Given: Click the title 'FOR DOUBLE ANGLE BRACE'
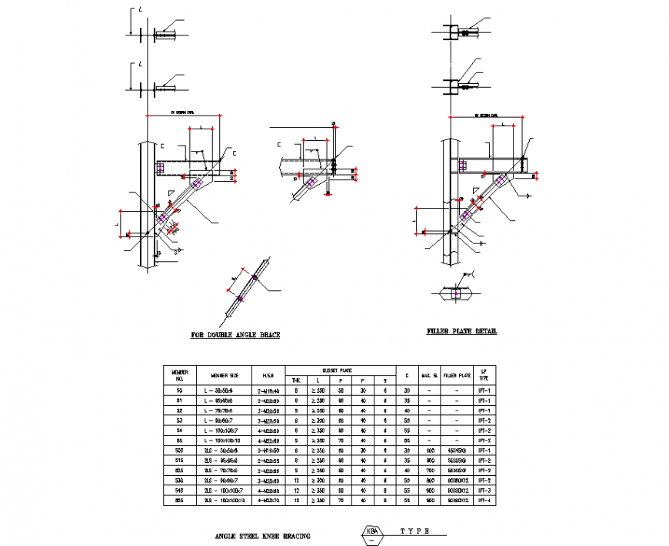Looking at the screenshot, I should (235, 335).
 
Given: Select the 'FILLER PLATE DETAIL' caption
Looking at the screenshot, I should (461, 331).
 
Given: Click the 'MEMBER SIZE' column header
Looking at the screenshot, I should (224, 375).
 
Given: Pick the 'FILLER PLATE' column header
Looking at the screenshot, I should (457, 375).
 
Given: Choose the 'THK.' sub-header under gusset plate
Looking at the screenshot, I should (296, 380).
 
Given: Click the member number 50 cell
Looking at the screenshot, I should (180, 390).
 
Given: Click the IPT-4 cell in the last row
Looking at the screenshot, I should (484, 501).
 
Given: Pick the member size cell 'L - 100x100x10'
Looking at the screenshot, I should (224, 440).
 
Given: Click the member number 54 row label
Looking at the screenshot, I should (180, 430).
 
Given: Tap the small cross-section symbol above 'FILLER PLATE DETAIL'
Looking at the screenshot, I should (456, 293).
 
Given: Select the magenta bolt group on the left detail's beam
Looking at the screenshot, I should (161, 167).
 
